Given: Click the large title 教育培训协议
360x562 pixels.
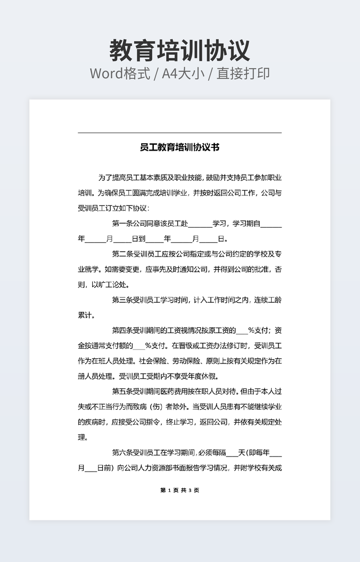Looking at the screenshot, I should click(x=179, y=51).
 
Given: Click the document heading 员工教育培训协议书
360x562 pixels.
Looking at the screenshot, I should click(x=179, y=147).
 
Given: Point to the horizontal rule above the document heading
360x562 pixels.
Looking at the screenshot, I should click(x=179, y=133).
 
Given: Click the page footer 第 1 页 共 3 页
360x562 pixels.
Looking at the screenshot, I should click(x=179, y=490).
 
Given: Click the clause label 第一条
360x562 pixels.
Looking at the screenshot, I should click(x=122, y=224).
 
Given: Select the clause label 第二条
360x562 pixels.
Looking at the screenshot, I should click(x=122, y=254).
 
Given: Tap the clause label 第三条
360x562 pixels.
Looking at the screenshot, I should click(x=122, y=300).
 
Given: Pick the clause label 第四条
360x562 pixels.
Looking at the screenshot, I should click(x=122, y=330).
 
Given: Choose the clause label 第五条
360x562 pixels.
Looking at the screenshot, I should click(x=122, y=392).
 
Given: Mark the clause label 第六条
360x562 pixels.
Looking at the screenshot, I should click(x=122, y=453).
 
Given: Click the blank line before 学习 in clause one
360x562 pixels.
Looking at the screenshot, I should click(x=200, y=225).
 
